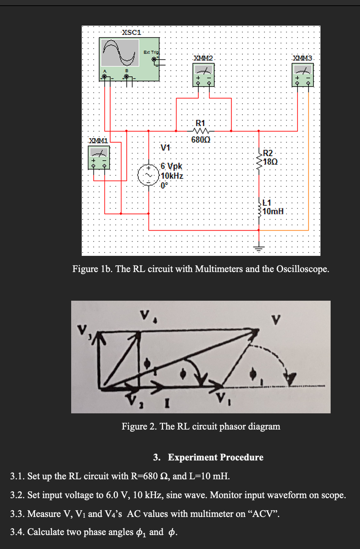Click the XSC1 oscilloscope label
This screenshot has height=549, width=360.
click(x=131, y=32)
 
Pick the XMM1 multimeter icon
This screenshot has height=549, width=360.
click(x=99, y=158)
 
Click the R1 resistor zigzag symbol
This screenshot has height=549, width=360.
click(x=201, y=131)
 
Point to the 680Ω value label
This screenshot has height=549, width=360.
click(x=201, y=140)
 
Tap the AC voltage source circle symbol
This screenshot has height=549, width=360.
click(x=149, y=176)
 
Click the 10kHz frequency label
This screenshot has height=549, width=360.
click(x=172, y=176)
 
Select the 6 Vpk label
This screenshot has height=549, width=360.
click(x=171, y=166)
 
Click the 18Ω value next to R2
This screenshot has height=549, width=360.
click(x=270, y=162)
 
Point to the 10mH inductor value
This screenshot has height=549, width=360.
click(x=273, y=211)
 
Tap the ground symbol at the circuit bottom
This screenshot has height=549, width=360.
click(x=259, y=248)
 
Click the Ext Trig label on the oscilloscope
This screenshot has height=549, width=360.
click(x=151, y=52)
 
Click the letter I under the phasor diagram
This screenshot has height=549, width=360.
click(x=167, y=404)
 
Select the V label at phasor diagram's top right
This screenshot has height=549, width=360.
click(x=276, y=320)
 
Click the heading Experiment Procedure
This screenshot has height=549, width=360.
click(x=215, y=457)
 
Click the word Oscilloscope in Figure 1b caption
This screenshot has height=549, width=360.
click(x=302, y=269)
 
